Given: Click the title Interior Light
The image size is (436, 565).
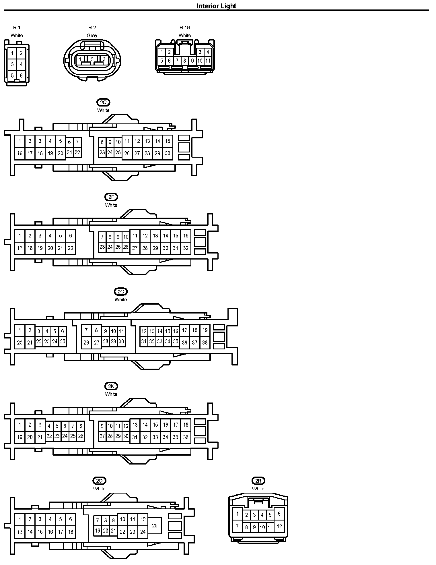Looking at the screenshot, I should (216, 6).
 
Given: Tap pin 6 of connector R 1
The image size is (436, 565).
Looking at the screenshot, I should (21, 76).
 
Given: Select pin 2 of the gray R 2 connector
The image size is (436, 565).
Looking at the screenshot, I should (92, 59).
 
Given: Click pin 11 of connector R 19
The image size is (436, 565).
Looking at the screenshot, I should (208, 61).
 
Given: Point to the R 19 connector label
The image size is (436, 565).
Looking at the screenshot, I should (185, 28).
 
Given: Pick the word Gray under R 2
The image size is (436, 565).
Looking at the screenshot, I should (92, 36).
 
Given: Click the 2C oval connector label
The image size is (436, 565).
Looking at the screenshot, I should (103, 102).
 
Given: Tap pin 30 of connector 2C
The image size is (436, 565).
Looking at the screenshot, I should (168, 153).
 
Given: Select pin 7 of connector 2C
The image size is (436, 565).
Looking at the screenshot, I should (77, 142).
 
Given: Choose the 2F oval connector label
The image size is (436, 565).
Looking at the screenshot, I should (111, 197).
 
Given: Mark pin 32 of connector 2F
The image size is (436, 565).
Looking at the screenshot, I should (186, 248).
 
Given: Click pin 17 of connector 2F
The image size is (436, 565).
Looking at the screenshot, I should (20, 248).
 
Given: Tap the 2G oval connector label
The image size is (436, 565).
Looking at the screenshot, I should (121, 292).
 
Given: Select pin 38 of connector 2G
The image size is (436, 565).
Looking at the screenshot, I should (205, 343).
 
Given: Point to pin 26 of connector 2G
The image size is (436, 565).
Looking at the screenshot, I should (86, 343).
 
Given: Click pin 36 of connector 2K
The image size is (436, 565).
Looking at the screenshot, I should (186, 437).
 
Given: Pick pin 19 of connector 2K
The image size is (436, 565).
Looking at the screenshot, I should (20, 437).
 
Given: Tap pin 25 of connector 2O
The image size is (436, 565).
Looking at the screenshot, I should (155, 526).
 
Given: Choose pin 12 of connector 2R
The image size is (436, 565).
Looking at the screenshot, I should (279, 526).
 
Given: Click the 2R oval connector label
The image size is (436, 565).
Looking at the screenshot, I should (258, 481).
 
